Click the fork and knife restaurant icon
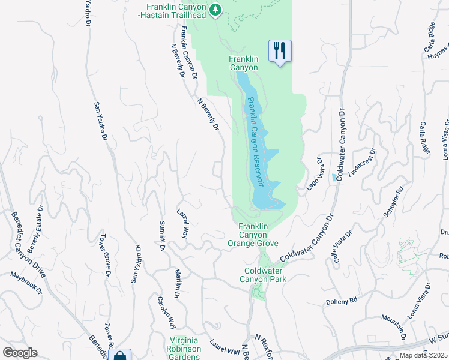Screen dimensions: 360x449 [x=280, y=50]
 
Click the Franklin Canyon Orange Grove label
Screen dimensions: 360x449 [x=252, y=235]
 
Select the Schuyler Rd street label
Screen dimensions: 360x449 [x=393, y=204]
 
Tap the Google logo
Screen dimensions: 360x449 [x=20, y=352]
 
